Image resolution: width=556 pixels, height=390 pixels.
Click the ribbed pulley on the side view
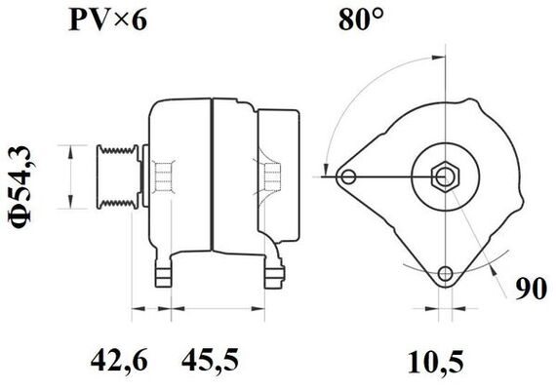(115, 176)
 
